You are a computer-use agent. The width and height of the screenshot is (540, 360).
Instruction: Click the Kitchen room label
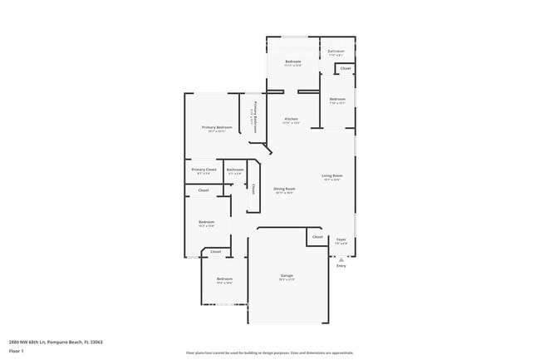click(x=291, y=119)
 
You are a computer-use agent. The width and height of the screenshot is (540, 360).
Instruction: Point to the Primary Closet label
click(x=204, y=170)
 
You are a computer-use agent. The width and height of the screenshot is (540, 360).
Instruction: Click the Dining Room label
click(x=284, y=189)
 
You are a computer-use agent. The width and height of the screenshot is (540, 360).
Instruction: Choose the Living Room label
click(x=332, y=175)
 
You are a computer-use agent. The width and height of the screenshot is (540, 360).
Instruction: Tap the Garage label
click(x=287, y=275)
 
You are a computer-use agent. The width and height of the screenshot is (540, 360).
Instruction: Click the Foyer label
click(x=341, y=239)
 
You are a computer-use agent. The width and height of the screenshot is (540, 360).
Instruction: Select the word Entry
click(x=341, y=266)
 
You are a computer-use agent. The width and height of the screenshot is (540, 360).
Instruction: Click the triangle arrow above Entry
click(x=341, y=259)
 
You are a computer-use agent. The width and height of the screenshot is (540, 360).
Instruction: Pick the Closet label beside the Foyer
click(x=317, y=237)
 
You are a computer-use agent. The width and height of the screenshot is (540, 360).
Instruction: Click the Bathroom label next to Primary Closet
click(x=235, y=170)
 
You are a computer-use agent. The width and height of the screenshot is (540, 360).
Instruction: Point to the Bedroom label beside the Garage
click(x=224, y=279)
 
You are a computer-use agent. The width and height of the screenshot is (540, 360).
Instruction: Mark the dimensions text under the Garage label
click(x=287, y=279)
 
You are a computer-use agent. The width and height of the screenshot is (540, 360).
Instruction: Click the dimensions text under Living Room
click(x=332, y=180)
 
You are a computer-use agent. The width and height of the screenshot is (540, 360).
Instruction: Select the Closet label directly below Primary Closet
click(x=204, y=190)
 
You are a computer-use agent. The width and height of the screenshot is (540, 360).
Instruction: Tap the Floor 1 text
click(x=17, y=351)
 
